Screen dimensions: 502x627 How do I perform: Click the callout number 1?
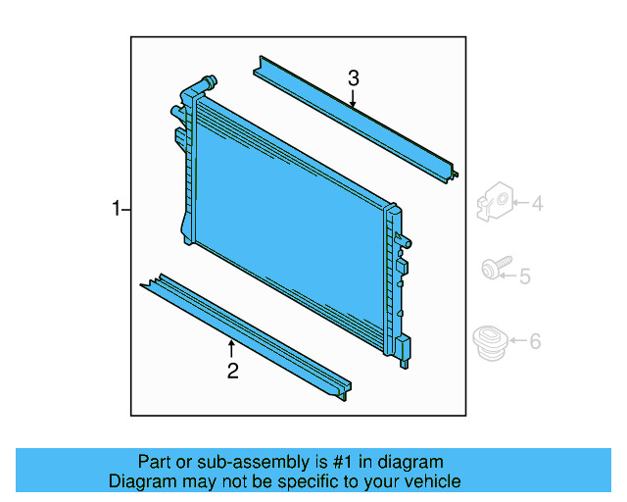coord(116,209)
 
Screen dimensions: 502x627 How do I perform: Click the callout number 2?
coord(232,370)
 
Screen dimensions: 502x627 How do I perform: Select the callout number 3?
coord(354,77)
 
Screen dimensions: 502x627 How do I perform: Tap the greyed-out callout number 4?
coord(537,204)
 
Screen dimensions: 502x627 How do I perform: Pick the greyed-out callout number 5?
coord(525,277)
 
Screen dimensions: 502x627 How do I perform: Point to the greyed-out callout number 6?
coord(535,341)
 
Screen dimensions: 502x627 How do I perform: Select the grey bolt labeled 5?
coord(492,267)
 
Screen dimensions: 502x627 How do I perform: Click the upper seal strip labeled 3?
coord(353,119)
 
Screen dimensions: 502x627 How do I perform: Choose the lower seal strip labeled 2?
coord(245,333)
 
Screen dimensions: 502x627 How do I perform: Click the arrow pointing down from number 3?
coord(354,97)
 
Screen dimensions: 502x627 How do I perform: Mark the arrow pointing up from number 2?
coord(232,347)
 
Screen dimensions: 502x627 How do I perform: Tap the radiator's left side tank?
coord(187,167)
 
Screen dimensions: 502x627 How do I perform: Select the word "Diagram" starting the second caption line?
coord(138,481)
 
